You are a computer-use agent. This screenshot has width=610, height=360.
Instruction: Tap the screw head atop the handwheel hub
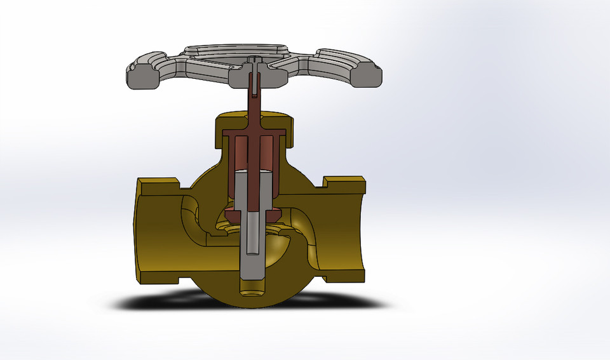(254, 60)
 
